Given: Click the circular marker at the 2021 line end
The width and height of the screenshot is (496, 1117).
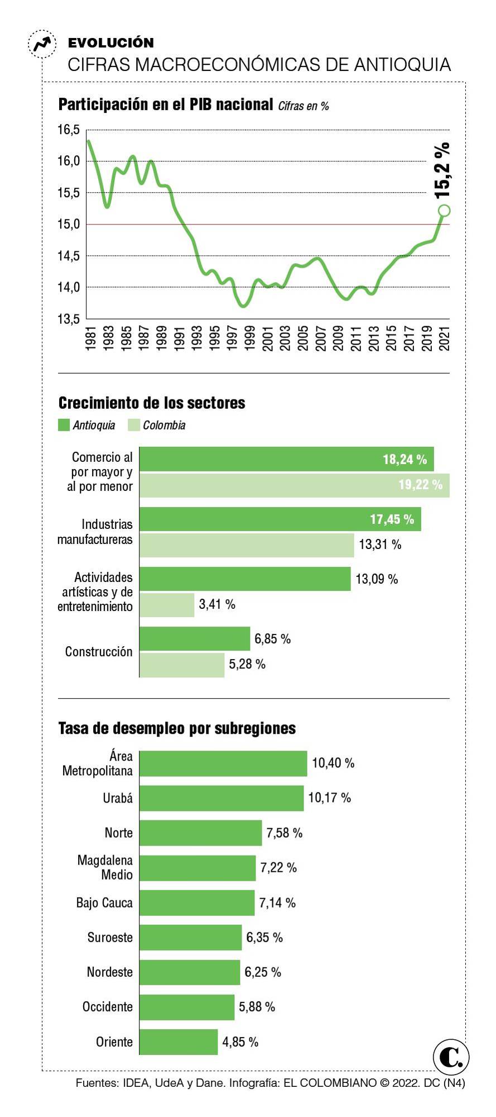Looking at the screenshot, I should [444, 211].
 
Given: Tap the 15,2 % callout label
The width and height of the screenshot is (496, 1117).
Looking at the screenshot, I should [442, 170].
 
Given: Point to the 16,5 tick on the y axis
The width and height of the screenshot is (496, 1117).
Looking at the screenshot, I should [69, 130].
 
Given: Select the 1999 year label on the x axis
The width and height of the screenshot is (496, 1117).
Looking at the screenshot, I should [249, 338].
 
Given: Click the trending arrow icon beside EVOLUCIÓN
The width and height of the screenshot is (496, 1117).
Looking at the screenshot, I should [42, 44].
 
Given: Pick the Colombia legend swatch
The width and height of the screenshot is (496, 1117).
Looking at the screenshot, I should [133, 425].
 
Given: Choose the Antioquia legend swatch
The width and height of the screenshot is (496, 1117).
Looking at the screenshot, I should [64, 425].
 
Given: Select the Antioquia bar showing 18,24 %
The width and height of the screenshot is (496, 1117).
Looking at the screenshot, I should [286, 459].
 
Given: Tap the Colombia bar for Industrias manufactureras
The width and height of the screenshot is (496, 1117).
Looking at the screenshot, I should [247, 545].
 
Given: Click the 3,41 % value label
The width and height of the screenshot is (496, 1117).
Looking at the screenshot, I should [217, 604].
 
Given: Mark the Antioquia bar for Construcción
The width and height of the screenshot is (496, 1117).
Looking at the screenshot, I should [195, 638].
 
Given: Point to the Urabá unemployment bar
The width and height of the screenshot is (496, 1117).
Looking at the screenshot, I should [221, 798].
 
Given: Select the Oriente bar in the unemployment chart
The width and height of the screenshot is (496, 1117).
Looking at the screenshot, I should [179, 1042].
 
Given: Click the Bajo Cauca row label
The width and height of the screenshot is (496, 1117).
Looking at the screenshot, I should [104, 903].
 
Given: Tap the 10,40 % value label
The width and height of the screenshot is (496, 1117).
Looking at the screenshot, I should [333, 763].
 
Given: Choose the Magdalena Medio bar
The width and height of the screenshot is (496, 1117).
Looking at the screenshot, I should [198, 868].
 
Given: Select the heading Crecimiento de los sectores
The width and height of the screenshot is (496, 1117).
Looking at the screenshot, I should [152, 403].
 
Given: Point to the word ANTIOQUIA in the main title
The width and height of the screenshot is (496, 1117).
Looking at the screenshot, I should [402, 65].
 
